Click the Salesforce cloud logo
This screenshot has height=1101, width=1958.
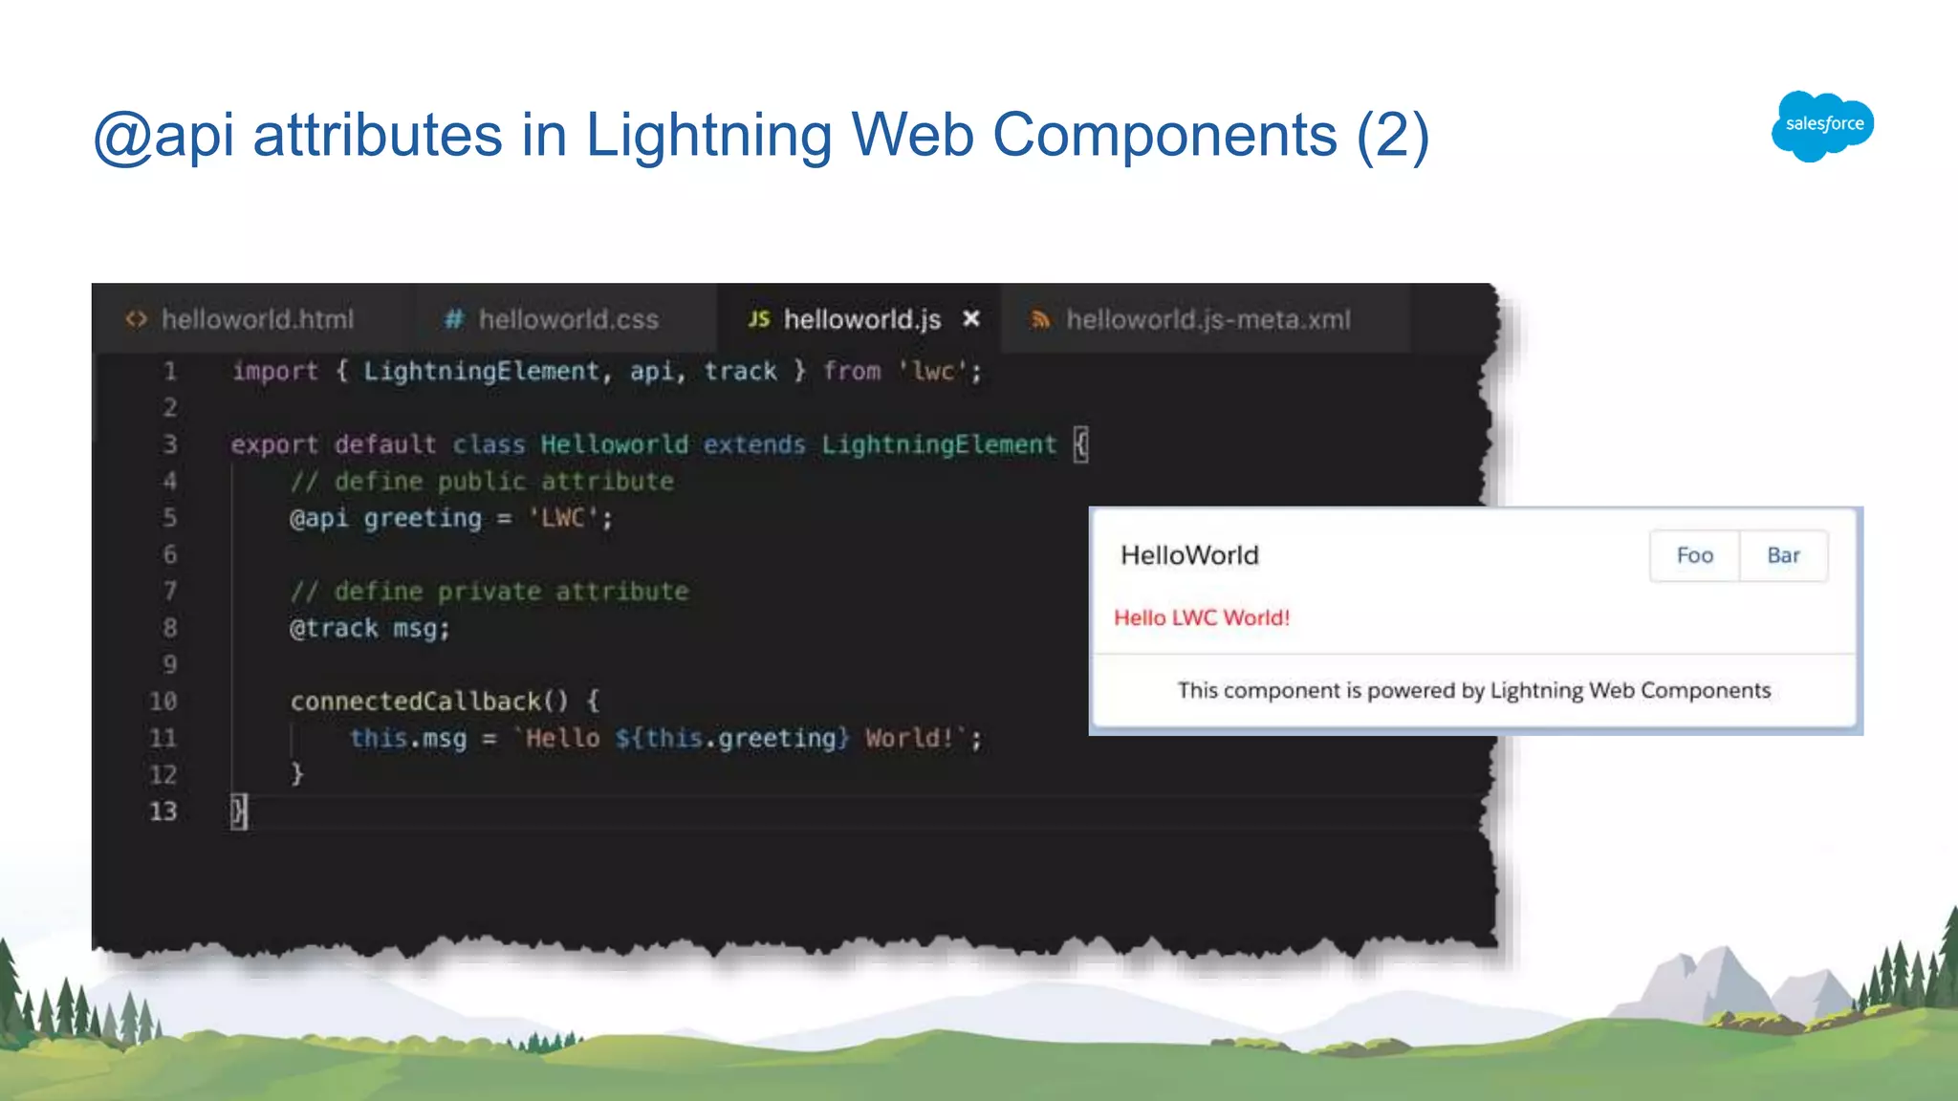pos(1822,125)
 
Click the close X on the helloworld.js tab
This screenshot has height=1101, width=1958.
pos(971,318)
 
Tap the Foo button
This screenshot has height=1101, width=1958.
pos(1694,555)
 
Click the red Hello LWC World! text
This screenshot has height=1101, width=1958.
pos(1202,617)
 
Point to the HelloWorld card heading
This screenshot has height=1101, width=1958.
pos(1189,555)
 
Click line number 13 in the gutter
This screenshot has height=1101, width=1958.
pos(163,811)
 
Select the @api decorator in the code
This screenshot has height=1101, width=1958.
pos(319,518)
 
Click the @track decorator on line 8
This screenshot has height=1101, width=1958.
pos(334,628)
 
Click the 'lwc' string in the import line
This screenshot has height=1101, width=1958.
pos(933,371)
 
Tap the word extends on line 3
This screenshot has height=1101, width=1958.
pos(754,444)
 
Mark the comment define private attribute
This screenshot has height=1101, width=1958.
pos(489,592)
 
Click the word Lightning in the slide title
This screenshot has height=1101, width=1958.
pos(708,135)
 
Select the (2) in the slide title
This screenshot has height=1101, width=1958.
pos(1392,135)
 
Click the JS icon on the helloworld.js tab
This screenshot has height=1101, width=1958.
pos(759,319)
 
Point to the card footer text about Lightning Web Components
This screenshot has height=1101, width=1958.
pos(1473,690)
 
